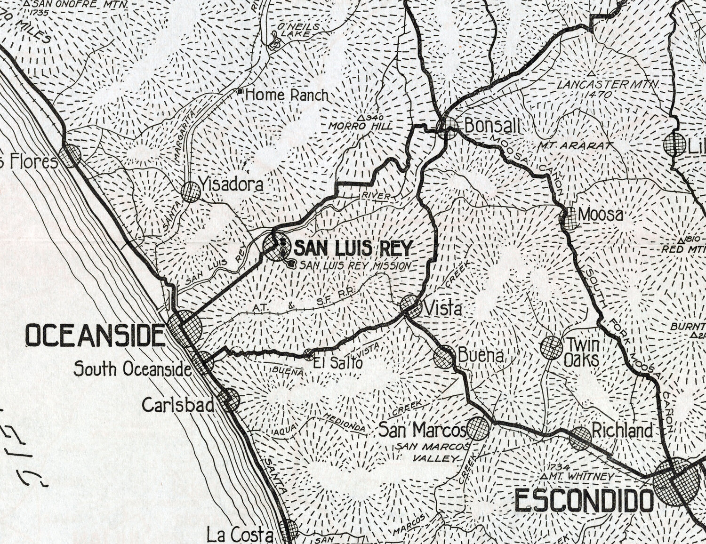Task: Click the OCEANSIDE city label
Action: point(95,336)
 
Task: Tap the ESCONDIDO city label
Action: point(584,501)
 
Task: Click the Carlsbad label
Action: point(178,405)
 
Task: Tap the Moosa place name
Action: point(601,215)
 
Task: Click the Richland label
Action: point(622,430)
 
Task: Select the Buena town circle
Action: point(444,357)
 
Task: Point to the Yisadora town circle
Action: point(191,192)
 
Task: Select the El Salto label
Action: point(338,363)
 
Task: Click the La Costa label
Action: point(240,535)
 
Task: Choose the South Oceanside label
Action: point(132,369)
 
